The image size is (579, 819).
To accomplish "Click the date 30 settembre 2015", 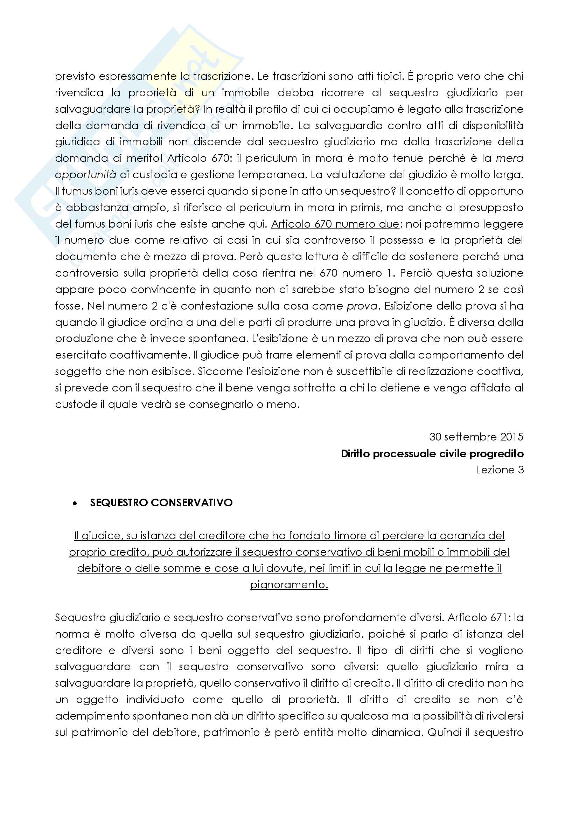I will (x=476, y=437).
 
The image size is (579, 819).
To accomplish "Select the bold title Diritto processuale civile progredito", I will (x=432, y=454).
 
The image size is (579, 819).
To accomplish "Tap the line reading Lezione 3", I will (x=500, y=470).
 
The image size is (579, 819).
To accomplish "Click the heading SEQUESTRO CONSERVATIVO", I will (x=161, y=502).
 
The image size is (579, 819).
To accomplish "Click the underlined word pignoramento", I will (x=289, y=585).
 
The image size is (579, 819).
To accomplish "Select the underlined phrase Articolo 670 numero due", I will (x=335, y=224).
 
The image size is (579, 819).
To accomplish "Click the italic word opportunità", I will (x=85, y=175).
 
